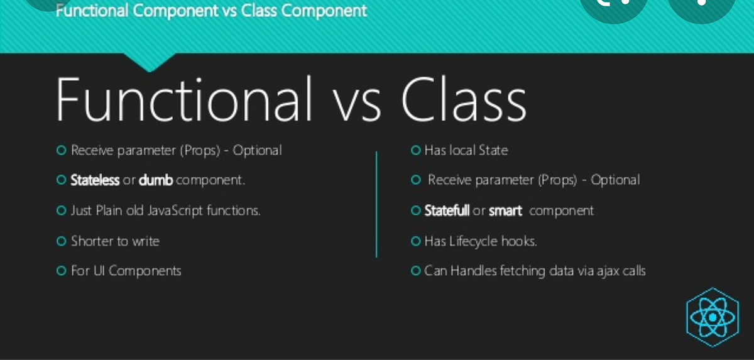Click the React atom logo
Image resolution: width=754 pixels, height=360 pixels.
click(x=712, y=318)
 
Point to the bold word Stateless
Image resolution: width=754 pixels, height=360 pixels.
click(x=95, y=180)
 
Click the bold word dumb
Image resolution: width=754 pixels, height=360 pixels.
click(x=155, y=180)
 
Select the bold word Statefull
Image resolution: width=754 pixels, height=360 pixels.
click(x=447, y=210)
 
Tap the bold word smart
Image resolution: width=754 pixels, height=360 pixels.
click(x=505, y=211)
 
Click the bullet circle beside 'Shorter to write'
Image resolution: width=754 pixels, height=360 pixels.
click(x=61, y=241)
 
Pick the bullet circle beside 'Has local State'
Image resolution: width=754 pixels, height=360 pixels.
click(x=415, y=150)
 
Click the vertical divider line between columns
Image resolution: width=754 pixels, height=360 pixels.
click(x=376, y=204)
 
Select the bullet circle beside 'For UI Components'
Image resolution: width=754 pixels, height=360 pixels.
click(x=61, y=271)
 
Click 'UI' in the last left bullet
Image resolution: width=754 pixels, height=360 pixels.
click(x=101, y=271)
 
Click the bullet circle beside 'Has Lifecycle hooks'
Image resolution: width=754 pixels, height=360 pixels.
click(x=415, y=241)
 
